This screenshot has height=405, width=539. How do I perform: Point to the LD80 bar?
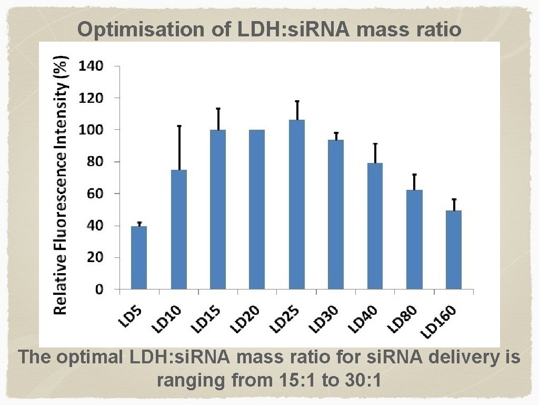[x=414, y=239]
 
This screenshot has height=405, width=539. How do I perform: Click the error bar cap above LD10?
[x=178, y=126]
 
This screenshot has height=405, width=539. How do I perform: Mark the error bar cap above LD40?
[x=375, y=143]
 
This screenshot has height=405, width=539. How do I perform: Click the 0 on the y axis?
[x=98, y=290]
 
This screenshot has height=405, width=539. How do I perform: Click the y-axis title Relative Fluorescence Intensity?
[x=62, y=185]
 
